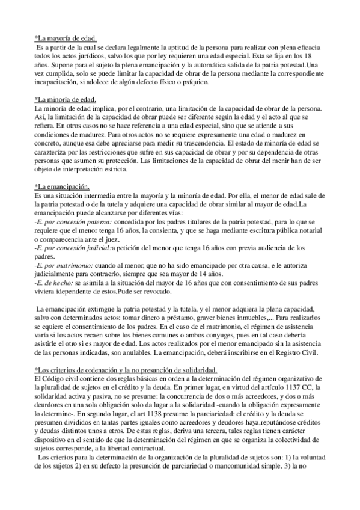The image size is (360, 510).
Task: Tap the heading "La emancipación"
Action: click(63, 187)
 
